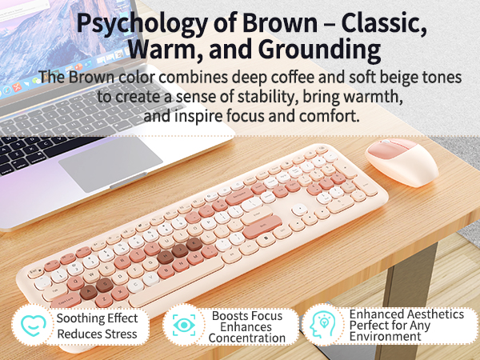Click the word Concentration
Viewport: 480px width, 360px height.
247,338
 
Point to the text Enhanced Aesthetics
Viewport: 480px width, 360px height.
406,314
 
